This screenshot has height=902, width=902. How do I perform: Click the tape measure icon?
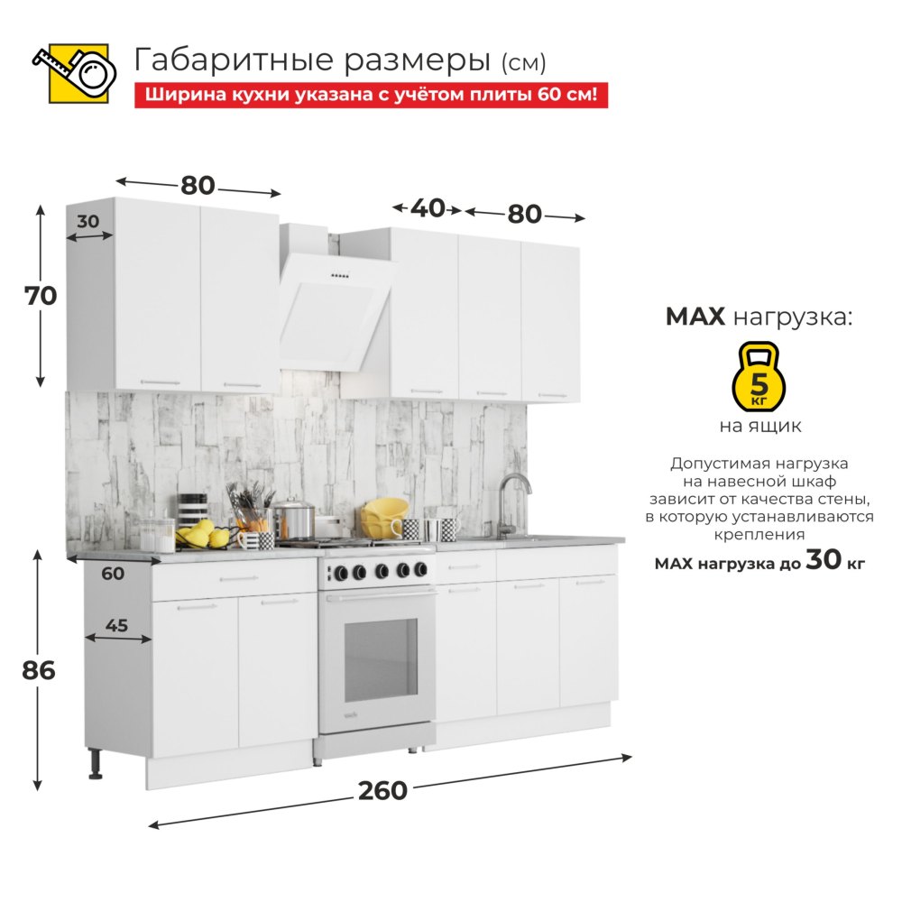[x=75, y=73]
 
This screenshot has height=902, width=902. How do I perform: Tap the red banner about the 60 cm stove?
[x=371, y=95]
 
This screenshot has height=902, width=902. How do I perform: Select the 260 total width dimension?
[x=382, y=790]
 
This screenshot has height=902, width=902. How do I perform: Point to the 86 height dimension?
[x=39, y=670]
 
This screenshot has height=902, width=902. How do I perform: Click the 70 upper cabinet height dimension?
[x=41, y=296]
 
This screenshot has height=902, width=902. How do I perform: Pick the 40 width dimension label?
[x=428, y=208]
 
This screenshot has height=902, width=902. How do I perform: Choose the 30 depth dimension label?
[x=88, y=221]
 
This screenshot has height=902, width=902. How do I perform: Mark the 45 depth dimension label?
[x=116, y=625]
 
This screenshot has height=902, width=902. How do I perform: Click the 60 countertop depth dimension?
[x=113, y=573]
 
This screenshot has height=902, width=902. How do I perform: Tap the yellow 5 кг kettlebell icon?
[x=759, y=376]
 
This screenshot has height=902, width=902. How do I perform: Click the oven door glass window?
[x=381, y=660]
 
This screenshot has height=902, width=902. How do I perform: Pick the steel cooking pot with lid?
[x=293, y=520]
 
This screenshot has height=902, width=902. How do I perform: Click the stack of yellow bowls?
[x=384, y=518]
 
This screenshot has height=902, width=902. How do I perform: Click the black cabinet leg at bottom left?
[x=96, y=764]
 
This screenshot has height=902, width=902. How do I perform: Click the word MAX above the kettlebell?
[x=695, y=317]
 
